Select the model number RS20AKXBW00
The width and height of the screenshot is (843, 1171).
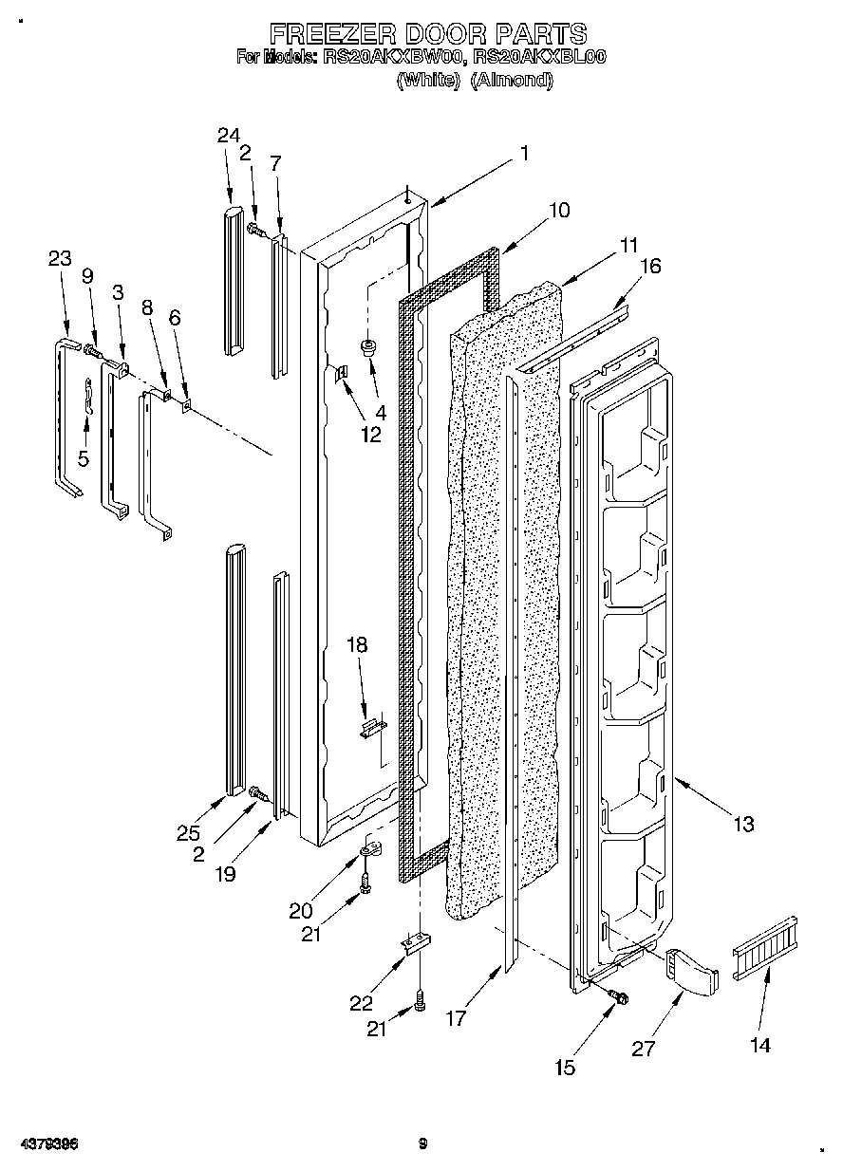pos(393,57)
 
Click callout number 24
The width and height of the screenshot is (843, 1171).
pos(228,136)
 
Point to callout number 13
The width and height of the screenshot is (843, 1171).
pos(743,824)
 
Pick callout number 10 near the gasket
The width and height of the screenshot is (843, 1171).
pos(559,211)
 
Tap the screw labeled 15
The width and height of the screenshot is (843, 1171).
pos(620,995)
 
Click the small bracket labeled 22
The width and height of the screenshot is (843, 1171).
pos(416,944)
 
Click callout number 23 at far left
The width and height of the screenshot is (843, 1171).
pos(60,258)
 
